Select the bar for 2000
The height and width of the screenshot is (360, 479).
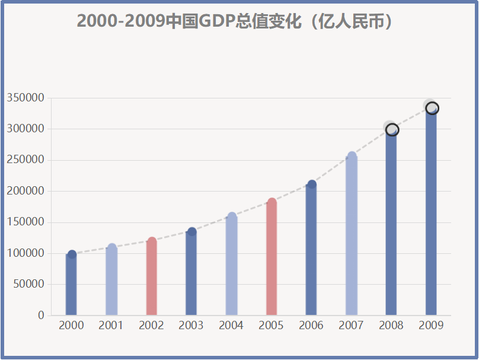tap(71, 285)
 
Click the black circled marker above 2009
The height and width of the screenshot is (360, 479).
tap(432, 108)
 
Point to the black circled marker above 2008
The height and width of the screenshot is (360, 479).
tap(392, 130)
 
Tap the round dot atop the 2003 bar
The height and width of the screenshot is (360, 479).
tap(192, 231)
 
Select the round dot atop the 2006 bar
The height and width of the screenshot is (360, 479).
tap(312, 184)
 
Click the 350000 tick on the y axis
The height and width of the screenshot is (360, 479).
tap(25, 98)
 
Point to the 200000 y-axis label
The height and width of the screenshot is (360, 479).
tap(25, 191)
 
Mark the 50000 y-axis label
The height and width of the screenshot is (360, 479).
tap(28, 284)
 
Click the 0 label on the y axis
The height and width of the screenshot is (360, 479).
tap(41, 316)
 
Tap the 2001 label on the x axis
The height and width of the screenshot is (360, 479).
tap(111, 326)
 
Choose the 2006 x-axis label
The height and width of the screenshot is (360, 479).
tap(311, 326)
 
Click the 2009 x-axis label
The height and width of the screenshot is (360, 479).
tap(431, 326)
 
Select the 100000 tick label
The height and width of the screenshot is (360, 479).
tap(25, 253)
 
